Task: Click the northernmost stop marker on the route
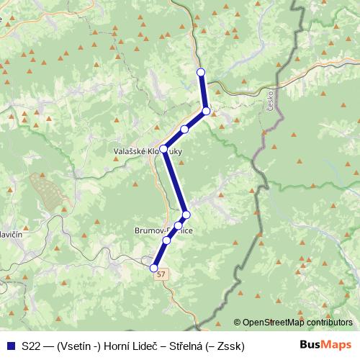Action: (x=201, y=71)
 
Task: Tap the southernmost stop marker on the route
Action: (x=153, y=268)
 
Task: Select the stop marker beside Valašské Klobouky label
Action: (x=163, y=149)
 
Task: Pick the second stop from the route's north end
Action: (x=206, y=111)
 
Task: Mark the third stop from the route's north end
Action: (x=185, y=130)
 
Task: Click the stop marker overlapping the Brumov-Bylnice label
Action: (x=178, y=226)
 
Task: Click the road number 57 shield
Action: (x=162, y=274)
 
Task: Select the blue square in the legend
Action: (x=10, y=346)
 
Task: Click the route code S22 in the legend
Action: (x=31, y=346)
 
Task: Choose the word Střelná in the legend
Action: (x=189, y=346)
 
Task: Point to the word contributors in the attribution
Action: (x=330, y=323)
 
